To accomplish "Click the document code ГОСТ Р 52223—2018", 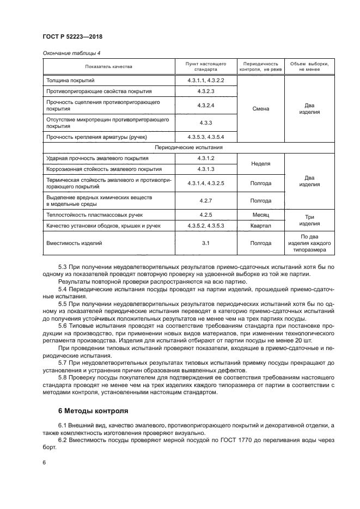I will [72, 36].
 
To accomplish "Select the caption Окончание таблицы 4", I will [71, 53].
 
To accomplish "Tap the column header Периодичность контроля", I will [261, 67].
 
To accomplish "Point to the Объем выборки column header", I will [309, 67].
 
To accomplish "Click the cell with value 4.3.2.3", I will [206, 91].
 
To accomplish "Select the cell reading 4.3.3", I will [206, 123].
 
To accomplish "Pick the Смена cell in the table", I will [261, 108].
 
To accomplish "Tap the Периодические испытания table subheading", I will [188, 148].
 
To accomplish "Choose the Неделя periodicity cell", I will [261, 163].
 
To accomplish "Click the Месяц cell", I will [261, 215].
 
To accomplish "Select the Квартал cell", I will [261, 225].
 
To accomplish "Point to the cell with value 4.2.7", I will [206, 200].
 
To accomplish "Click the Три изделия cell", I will [309, 220].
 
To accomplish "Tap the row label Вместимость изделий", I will [75, 243].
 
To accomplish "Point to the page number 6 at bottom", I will [44, 462].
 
